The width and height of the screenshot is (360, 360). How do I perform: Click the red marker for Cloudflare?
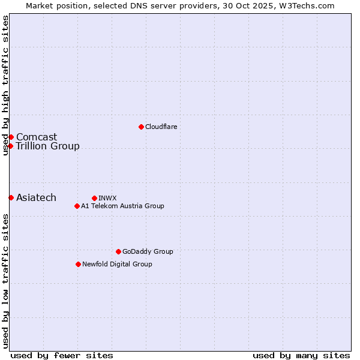click(x=141, y=127)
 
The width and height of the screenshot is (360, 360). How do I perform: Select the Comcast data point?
click(x=11, y=137)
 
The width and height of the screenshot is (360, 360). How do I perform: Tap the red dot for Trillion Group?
click(x=11, y=146)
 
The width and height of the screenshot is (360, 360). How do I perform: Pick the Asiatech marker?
click(x=11, y=197)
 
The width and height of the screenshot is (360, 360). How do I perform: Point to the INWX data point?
click(x=94, y=198)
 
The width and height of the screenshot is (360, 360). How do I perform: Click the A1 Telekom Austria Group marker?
click(x=77, y=206)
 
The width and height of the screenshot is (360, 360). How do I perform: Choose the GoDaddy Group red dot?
click(x=118, y=251)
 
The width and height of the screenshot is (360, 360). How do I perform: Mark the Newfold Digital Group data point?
click(x=78, y=264)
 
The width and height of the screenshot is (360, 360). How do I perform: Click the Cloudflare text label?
click(x=161, y=127)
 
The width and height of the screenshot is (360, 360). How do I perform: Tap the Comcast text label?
click(x=37, y=137)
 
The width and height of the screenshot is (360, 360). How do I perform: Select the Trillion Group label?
click(x=47, y=146)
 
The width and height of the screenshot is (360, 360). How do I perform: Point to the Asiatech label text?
click(x=36, y=197)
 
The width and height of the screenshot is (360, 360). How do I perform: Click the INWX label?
click(x=107, y=198)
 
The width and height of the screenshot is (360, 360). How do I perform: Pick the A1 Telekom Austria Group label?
click(x=122, y=206)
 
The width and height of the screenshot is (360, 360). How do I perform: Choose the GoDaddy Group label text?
click(x=148, y=251)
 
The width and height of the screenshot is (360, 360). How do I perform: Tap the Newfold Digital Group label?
click(x=117, y=264)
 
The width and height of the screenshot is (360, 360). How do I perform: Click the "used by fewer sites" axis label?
click(x=62, y=355)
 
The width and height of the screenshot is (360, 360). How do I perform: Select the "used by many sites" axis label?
click(x=301, y=355)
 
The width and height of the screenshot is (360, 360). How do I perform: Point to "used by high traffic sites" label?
click(x=5, y=85)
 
